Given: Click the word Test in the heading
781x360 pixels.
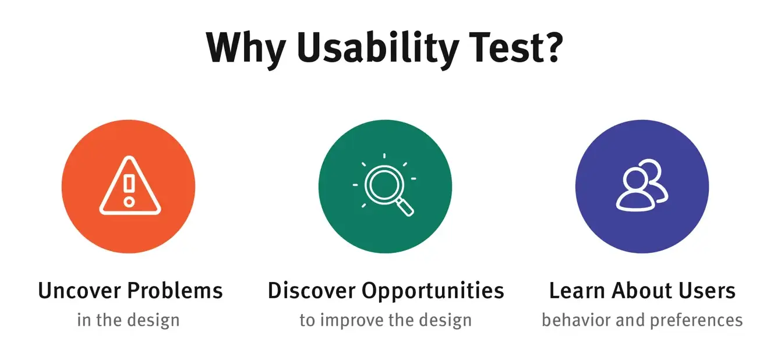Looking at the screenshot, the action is (x=506, y=47).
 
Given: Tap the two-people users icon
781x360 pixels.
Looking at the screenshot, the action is (x=642, y=185).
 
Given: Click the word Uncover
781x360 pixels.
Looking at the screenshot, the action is (x=79, y=291).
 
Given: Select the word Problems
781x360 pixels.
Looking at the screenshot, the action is (x=175, y=291).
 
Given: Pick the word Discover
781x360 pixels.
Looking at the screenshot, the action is (x=312, y=291).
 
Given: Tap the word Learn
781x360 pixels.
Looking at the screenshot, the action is (x=577, y=291).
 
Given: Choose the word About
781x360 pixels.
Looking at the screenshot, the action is (x=642, y=291).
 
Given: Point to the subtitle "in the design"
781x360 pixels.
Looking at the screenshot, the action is (x=128, y=320).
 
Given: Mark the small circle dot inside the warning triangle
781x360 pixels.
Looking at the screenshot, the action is (x=129, y=202).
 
